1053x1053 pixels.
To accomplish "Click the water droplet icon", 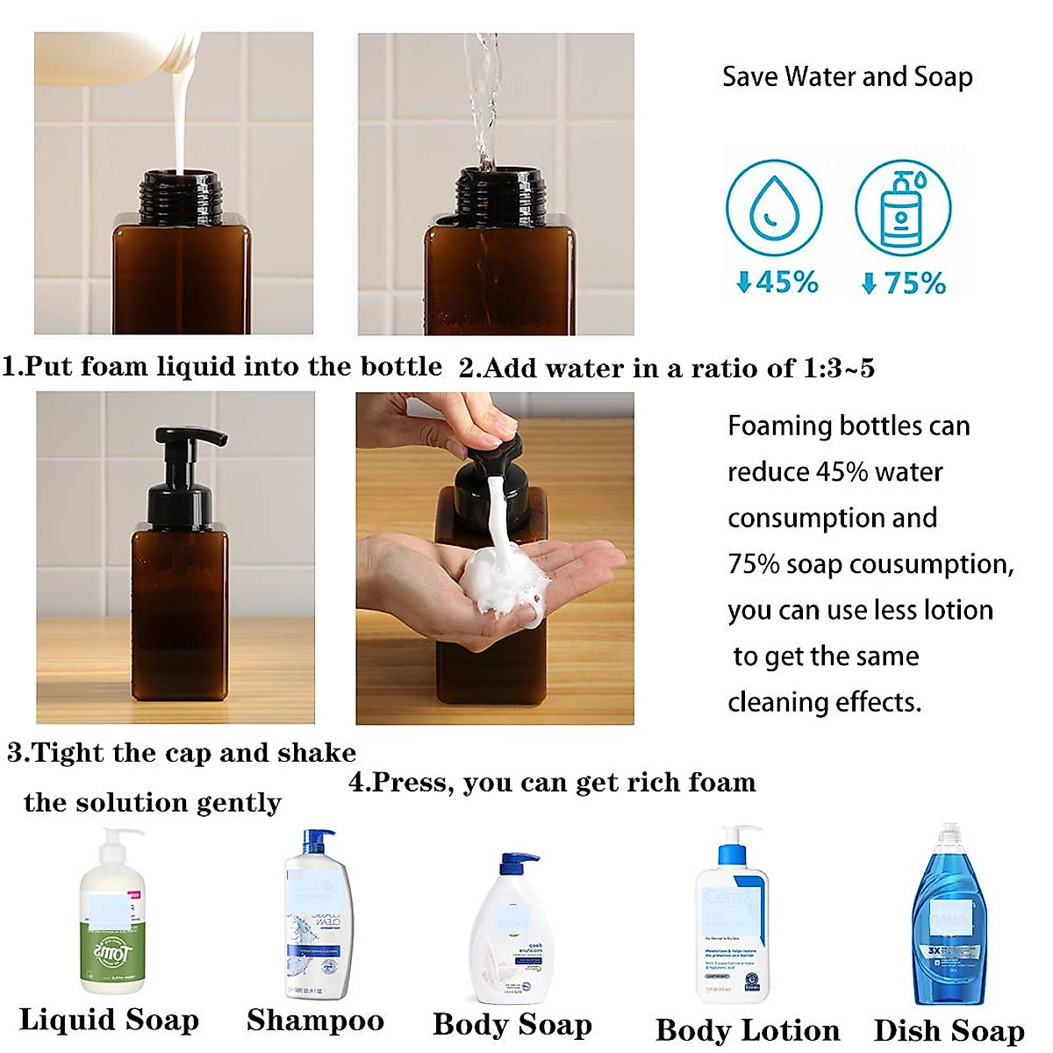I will [773, 208].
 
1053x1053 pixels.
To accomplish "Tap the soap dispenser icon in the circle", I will [902, 208].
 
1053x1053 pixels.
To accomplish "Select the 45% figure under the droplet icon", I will [777, 283].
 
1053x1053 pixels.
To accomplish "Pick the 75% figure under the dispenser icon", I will [904, 283].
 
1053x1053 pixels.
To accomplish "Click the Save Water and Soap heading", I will [847, 77].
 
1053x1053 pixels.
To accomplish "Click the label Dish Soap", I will [949, 1030].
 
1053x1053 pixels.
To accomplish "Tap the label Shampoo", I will [315, 1020].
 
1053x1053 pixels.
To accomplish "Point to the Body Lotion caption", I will [747, 1030].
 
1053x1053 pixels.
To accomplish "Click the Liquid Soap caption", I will [109, 1020].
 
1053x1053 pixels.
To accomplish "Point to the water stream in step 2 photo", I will [484, 97].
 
